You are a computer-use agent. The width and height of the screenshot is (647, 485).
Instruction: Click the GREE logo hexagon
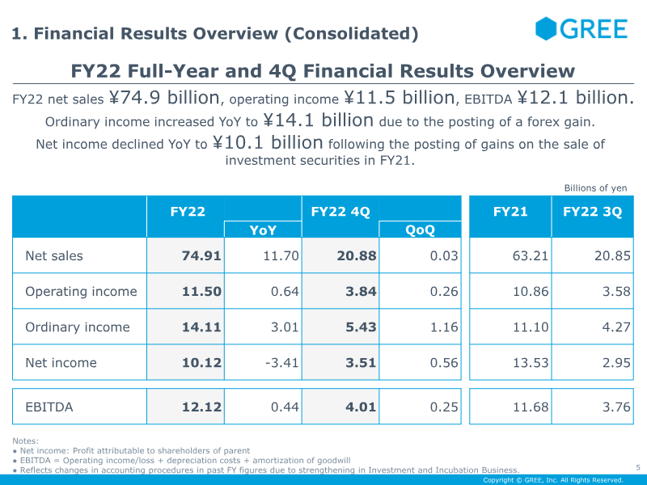coord(545,28)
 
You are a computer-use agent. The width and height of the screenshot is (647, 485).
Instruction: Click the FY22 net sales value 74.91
coord(201,255)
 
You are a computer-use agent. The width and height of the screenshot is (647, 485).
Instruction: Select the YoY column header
coord(263,230)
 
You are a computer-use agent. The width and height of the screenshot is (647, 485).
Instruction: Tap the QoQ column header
coord(420,230)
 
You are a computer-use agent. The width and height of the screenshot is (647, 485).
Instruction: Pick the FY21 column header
coord(510,212)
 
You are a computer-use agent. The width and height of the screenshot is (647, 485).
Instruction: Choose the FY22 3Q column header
coord(592,212)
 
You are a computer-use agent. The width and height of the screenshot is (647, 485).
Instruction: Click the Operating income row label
coord(81,292)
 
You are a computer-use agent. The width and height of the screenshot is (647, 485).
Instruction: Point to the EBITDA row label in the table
coord(49,407)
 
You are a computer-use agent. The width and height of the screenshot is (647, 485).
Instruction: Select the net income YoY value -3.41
coord(281,363)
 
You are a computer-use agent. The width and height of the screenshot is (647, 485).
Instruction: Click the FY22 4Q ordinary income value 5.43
coord(361,327)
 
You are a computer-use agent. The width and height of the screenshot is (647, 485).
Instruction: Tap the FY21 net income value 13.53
coord(531,363)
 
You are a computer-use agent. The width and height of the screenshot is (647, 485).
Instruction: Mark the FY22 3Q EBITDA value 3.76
coord(616,407)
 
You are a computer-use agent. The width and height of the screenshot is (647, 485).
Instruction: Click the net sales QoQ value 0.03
coord(444,255)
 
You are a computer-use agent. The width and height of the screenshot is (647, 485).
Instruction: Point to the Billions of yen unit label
coord(595,188)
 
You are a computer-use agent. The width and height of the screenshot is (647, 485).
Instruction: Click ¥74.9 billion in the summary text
coord(164,98)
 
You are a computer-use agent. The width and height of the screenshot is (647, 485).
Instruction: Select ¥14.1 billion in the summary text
coord(318,120)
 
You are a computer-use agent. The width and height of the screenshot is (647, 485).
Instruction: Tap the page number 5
coord(638,468)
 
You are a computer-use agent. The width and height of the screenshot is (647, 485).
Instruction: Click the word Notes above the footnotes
coord(25,441)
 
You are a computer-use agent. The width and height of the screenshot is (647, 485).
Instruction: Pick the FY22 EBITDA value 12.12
coord(201,407)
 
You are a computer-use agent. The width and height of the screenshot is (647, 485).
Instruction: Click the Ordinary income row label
coord(78,327)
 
